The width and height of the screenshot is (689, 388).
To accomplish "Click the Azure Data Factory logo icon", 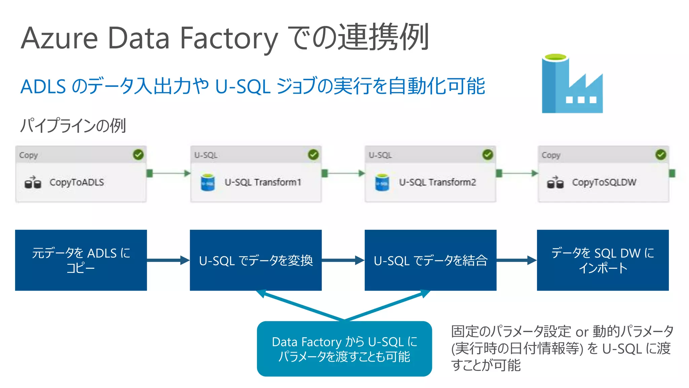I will pos(572,84).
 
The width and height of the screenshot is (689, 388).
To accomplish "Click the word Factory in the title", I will pos(229,38).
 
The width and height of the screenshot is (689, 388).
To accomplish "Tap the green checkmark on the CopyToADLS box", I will pos(138,155).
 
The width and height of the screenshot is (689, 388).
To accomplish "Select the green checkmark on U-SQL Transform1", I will pos(313,155).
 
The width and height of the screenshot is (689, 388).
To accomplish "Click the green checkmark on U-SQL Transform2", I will pos(487,155).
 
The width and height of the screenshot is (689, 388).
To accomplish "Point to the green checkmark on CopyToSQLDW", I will pos(661,155).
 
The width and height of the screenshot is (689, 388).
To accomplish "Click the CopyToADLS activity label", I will pos(77,182).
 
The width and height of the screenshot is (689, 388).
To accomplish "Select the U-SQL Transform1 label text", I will pos(263,182).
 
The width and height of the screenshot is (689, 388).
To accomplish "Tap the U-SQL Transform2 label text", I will pos(437,182).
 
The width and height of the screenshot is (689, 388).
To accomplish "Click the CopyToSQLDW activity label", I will pos(604,182).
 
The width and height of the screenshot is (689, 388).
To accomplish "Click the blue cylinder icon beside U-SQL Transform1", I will pos(208,183).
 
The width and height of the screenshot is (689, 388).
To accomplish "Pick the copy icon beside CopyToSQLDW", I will pos(555,183).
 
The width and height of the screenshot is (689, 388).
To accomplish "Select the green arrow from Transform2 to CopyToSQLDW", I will pos(518,173).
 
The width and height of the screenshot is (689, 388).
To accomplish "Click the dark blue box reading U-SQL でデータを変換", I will pos(256,260).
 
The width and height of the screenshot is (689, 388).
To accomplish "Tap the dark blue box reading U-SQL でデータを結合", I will pos(430,260).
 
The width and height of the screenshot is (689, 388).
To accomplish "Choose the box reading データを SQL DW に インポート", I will pos(603,260).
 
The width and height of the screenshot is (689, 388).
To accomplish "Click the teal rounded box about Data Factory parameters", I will pos(344,349).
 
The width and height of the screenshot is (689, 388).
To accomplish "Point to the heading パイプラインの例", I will pos(73,126).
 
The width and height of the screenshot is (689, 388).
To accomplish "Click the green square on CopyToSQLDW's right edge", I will pos(672,173).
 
